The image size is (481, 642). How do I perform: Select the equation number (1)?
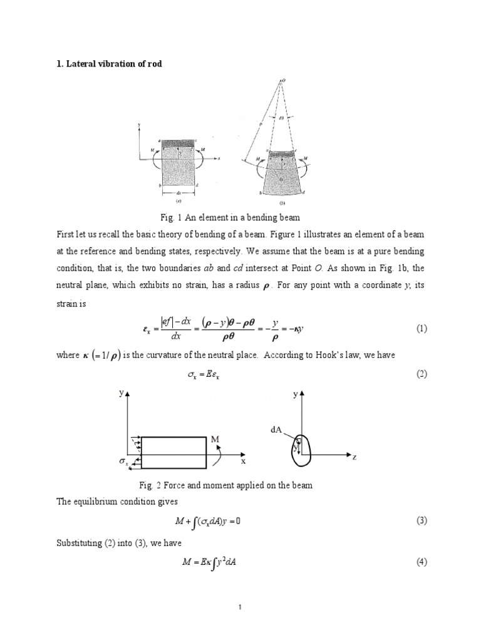[x=422, y=329]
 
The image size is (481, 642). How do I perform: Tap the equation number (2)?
[x=422, y=374]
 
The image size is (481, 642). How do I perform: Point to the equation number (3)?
[x=422, y=521]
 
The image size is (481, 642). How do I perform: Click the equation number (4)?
[x=422, y=562]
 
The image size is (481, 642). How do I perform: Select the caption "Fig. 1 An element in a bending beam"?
[x=239, y=216]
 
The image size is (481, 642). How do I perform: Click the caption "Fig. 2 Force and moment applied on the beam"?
[x=239, y=485]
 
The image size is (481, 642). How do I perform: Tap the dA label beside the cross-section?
[x=277, y=429]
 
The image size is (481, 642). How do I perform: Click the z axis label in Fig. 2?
[x=354, y=458]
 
